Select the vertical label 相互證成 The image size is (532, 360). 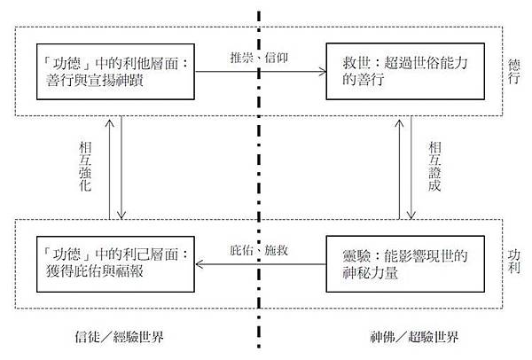tap(432, 167)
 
